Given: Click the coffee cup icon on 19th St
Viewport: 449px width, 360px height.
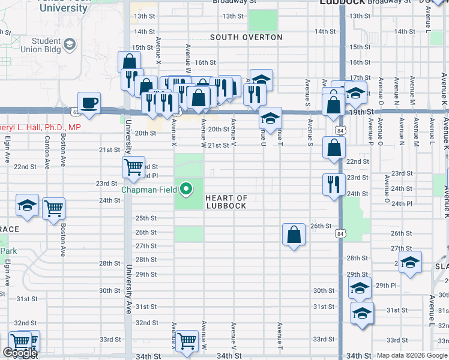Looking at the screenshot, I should [89, 103].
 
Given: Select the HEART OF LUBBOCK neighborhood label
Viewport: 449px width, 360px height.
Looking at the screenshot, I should [226, 202].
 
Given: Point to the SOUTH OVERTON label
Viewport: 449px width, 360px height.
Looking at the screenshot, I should [246, 37].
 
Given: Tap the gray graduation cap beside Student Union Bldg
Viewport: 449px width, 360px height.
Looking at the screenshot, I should [70, 44].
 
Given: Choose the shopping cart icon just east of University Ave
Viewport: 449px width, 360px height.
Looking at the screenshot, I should [133, 166].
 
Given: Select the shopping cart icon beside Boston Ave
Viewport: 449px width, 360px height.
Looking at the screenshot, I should [53, 208].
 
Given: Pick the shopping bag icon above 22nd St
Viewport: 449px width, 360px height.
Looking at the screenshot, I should [334, 147].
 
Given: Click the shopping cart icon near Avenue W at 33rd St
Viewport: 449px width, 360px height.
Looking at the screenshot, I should [187, 340].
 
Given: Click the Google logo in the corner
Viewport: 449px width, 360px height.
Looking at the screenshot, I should [20, 353].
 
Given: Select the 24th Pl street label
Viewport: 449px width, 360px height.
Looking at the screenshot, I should [401, 203].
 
